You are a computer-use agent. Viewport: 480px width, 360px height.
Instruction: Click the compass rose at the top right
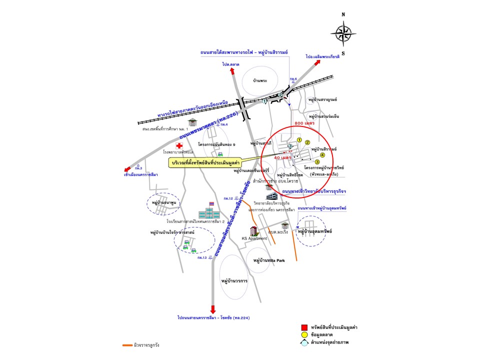pos(343,33)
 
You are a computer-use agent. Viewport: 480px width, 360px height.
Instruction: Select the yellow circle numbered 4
pos(315,155)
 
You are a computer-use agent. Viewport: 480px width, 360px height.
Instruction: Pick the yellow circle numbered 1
pos(299,140)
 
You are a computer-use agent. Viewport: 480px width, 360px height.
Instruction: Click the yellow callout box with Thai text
pos(205,163)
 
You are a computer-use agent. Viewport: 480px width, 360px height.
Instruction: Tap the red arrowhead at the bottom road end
pos(213,308)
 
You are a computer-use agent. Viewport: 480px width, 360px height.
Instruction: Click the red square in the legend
pos(303,327)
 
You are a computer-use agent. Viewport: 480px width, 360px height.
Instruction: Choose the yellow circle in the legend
pos(303,334)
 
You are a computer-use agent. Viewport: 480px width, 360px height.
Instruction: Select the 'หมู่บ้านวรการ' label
pos(234,281)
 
